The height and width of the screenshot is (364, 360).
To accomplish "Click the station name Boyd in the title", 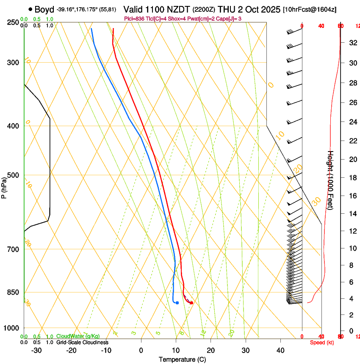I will [44, 9].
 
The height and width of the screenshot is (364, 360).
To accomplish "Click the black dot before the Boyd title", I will [30, 9].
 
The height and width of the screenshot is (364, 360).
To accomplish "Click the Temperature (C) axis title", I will [182, 359].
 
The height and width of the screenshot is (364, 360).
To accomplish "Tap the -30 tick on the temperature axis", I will [36, 350].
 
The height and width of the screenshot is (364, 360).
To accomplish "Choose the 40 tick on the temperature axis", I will [280, 350].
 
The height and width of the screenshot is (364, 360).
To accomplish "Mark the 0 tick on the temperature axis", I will [141, 350].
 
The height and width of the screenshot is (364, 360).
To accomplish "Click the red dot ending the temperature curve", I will [191, 303].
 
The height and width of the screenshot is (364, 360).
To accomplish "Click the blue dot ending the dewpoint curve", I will [177, 303].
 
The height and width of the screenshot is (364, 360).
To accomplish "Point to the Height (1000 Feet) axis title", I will [331, 182].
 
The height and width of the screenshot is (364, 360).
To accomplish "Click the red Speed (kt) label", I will [321, 342].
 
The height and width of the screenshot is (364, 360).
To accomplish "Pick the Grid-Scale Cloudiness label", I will [82, 342].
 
